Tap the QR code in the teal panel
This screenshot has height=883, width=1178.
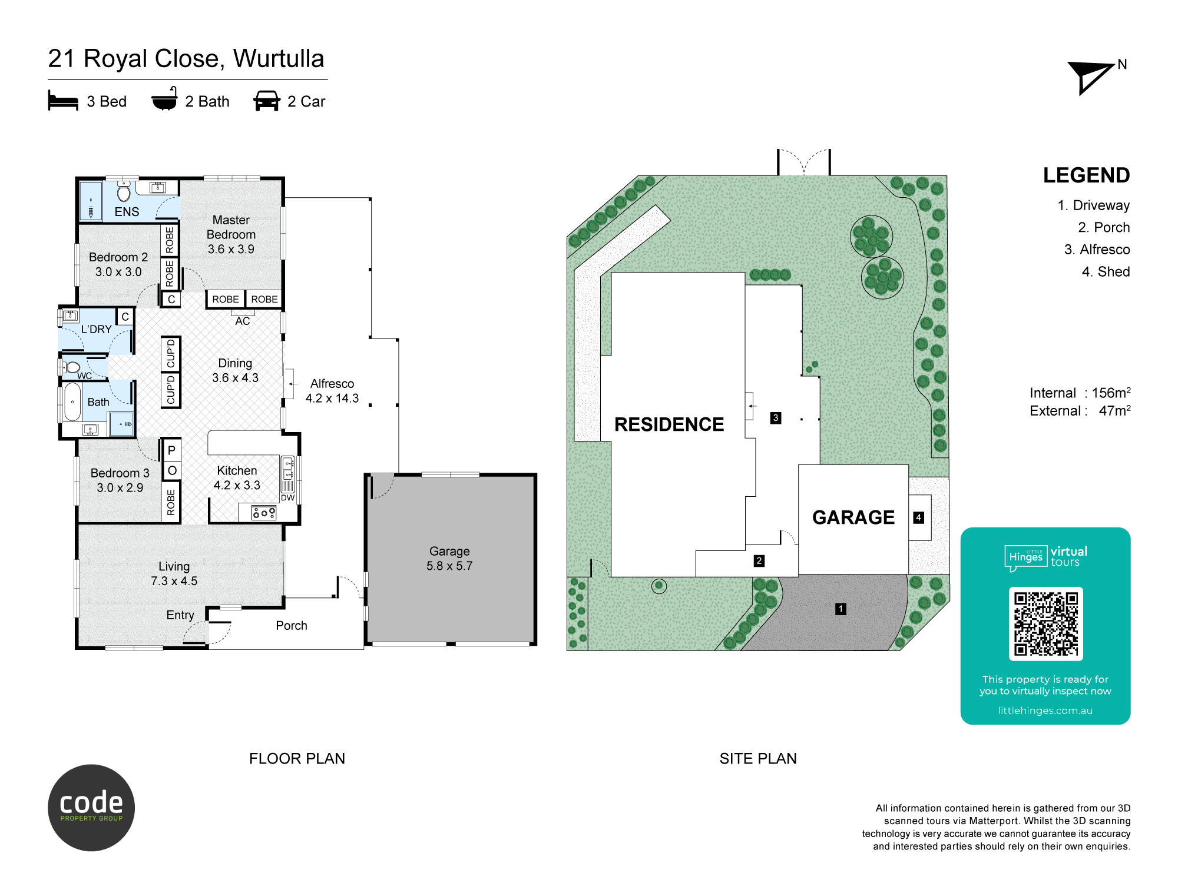(1045, 624)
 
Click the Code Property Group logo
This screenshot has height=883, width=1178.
(91, 808)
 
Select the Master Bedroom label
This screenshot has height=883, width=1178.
(231, 227)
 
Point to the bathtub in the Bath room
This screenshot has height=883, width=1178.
(72, 402)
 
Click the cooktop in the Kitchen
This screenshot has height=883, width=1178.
(264, 513)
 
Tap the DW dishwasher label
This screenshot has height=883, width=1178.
(287, 498)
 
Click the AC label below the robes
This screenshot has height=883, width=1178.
(243, 321)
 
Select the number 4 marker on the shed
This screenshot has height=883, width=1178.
(918, 517)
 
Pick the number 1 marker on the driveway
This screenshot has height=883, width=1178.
(841, 609)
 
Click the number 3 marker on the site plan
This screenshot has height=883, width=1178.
(776, 418)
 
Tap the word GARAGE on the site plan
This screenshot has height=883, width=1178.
(853, 517)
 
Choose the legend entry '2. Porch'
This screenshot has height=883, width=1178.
(1104, 227)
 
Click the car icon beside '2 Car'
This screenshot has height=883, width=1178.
(267, 101)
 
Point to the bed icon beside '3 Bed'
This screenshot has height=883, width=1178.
(63, 101)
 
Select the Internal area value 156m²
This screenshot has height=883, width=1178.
(1111, 393)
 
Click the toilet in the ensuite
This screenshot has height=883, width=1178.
(124, 191)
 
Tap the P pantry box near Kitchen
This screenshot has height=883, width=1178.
(171, 450)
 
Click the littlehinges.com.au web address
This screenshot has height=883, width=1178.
(1045, 711)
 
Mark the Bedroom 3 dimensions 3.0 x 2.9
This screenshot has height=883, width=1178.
(120, 487)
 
